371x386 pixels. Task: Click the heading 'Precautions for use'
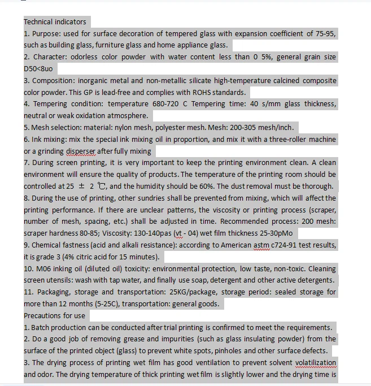(x=54, y=315)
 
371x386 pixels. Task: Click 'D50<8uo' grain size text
(x=38, y=69)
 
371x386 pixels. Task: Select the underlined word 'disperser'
(x=81, y=151)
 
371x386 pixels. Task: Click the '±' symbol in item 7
(x=82, y=187)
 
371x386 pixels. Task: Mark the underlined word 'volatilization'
(x=315, y=363)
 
